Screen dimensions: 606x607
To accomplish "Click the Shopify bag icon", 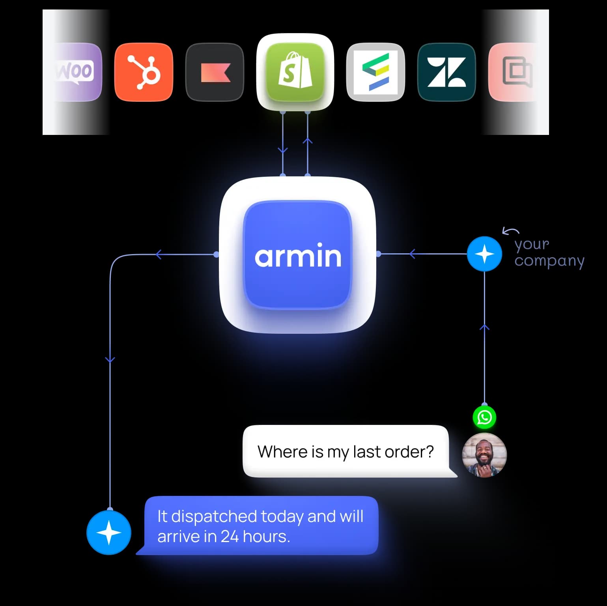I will coord(295,71).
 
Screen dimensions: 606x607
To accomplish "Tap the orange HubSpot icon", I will coord(144,72).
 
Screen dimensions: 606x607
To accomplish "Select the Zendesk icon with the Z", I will coord(446,72).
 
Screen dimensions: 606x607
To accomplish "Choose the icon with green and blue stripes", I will coord(375,72).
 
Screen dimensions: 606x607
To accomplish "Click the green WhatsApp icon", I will coord(484,417).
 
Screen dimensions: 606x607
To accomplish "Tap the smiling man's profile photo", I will coord(484,455).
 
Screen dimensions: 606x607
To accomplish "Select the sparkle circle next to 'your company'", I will coord(484,254).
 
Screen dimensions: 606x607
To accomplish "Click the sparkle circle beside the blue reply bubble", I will coord(109,533).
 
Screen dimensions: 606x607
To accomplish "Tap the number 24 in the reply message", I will coord(230,537).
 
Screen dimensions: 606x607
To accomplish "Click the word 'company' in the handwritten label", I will coord(549,261).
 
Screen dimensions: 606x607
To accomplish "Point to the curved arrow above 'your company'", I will coord(510,231).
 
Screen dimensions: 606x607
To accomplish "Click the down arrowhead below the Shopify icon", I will coord(283,150).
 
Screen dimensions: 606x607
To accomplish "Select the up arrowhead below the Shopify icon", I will coord(308,140).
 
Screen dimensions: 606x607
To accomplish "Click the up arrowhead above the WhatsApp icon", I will coord(484,327).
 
